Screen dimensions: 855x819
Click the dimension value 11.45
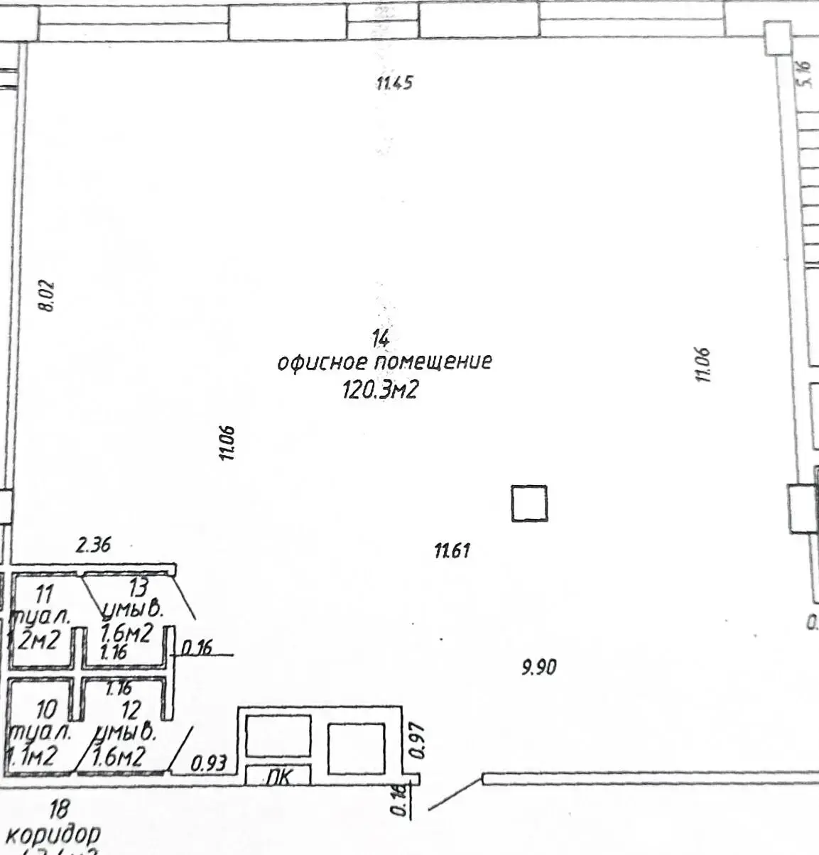394,83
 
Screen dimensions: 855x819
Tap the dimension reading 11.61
452,550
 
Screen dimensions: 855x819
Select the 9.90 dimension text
539,667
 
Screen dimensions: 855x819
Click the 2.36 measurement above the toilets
94,545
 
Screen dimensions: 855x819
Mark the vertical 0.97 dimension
418,741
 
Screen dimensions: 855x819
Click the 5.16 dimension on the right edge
804,72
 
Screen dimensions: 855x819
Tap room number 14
381,337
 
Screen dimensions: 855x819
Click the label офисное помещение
384,362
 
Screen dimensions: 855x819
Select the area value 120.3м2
379,390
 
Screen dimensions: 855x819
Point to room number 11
44,592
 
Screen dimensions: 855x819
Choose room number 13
138,588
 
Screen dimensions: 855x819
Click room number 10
46,709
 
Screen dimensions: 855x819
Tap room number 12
131,709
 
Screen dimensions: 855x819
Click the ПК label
279,777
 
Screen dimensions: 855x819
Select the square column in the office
529,503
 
